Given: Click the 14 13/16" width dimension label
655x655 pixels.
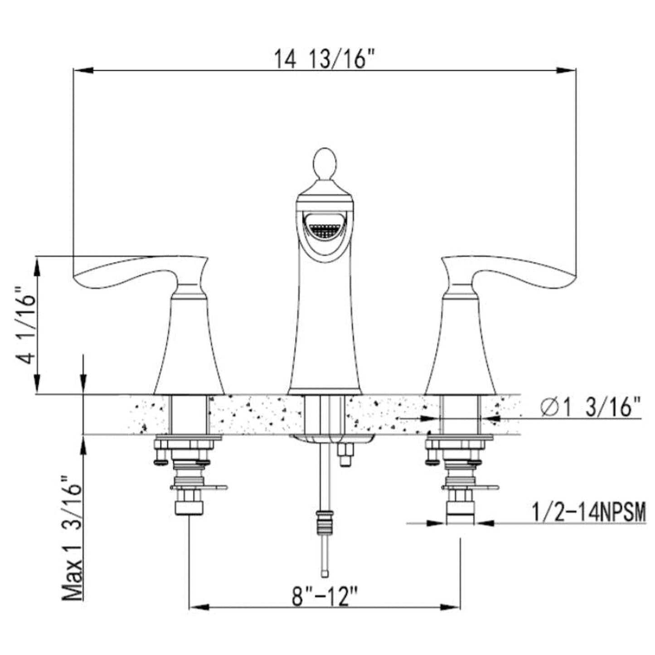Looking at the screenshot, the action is click(x=321, y=59).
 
